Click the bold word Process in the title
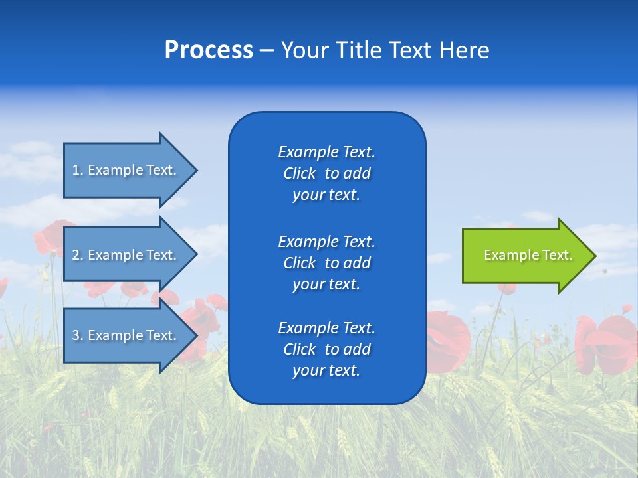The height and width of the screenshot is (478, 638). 209,50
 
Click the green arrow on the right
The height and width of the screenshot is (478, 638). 518,256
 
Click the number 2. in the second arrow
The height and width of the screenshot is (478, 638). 78,255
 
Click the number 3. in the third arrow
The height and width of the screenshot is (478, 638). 78,335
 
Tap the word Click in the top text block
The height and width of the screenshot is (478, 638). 300,174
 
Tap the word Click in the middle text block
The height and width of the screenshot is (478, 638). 300,263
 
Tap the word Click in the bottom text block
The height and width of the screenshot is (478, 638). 300,349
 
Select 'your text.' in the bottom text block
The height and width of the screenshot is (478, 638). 326,370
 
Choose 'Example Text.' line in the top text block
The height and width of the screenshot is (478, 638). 326,152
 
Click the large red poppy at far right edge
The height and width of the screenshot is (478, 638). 608,342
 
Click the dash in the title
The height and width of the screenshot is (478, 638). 266,50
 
